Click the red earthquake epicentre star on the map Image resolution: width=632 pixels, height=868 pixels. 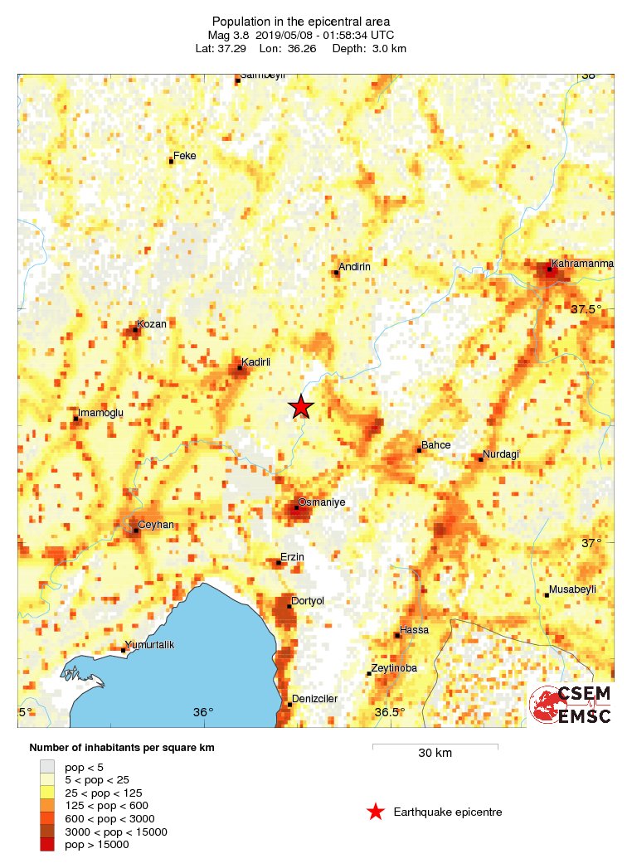(x=301, y=406)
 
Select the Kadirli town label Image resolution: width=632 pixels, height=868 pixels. (x=256, y=361)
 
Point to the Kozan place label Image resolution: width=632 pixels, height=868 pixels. (x=153, y=324)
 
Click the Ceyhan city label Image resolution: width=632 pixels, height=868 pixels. (x=156, y=525)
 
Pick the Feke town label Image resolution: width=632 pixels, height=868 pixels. (x=184, y=156)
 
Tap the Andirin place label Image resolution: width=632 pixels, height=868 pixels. (x=354, y=266)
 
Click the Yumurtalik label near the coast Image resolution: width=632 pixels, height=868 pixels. (x=149, y=645)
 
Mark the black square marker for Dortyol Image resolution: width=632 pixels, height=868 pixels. (x=289, y=606)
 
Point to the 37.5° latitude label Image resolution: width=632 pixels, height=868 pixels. (x=586, y=309)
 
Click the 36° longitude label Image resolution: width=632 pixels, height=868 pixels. (x=203, y=712)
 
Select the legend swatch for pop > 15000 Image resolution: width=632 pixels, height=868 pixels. (x=47, y=844)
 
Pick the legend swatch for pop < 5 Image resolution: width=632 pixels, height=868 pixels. (x=47, y=766)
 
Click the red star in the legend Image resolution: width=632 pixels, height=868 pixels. (x=376, y=812)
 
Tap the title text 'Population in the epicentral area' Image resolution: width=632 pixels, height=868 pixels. (x=301, y=22)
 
